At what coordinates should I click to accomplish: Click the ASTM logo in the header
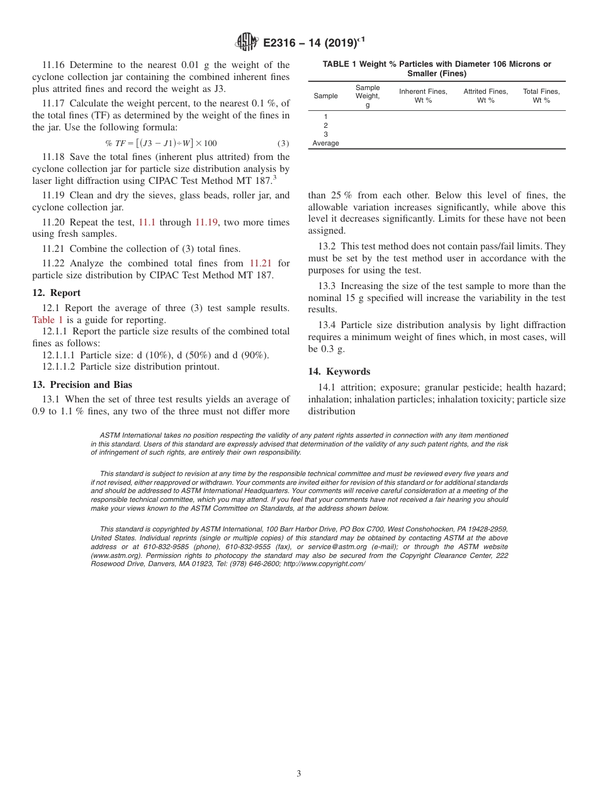tap(247, 42)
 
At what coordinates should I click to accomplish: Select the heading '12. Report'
tap(56, 293)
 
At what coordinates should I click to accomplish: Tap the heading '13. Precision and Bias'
tap(82, 384)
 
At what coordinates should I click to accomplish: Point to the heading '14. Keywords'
tap(339, 372)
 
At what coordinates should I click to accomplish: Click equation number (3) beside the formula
tap(283, 143)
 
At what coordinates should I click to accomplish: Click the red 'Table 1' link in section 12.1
tap(48, 320)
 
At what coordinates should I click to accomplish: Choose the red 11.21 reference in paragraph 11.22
tap(261, 263)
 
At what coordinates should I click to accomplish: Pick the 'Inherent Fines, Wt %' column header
tap(423, 96)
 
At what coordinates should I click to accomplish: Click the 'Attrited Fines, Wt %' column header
tap(485, 96)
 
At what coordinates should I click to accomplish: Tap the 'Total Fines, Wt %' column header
tap(541, 96)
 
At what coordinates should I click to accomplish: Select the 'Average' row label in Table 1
tap(325, 143)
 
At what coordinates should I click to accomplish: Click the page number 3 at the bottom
tap(299, 773)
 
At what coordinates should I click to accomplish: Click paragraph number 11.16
tap(54, 65)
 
